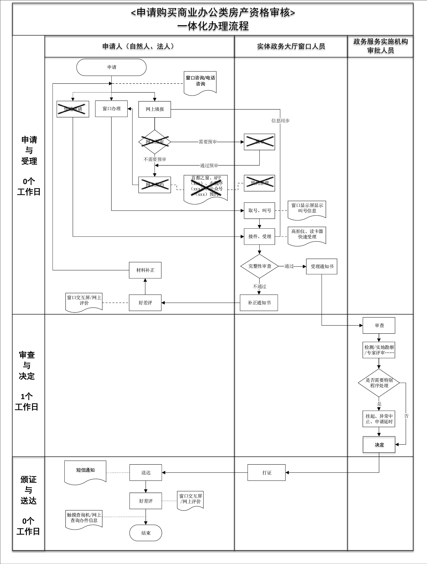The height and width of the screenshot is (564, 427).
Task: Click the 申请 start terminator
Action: coord(111,67)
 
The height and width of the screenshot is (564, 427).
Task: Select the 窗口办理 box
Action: coord(111,109)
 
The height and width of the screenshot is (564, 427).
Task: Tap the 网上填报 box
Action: coord(155,109)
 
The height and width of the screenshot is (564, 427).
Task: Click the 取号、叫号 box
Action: coord(259,211)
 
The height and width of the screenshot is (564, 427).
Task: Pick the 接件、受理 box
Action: coord(259,237)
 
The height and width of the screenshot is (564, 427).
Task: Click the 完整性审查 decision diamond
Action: coord(259,266)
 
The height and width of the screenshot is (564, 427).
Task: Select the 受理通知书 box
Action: coord(322,266)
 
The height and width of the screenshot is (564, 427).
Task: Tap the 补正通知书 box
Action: coord(259,303)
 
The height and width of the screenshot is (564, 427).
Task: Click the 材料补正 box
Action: coord(145,270)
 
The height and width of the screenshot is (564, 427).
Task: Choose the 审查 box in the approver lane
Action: coord(379,326)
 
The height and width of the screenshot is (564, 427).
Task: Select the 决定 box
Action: coord(379,445)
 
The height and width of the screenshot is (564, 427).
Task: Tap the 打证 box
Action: coord(267,473)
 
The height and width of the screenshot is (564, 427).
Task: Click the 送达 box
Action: coord(146,473)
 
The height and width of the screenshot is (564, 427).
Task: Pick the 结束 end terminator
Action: coord(146,533)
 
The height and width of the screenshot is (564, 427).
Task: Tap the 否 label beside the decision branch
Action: coord(406,416)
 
